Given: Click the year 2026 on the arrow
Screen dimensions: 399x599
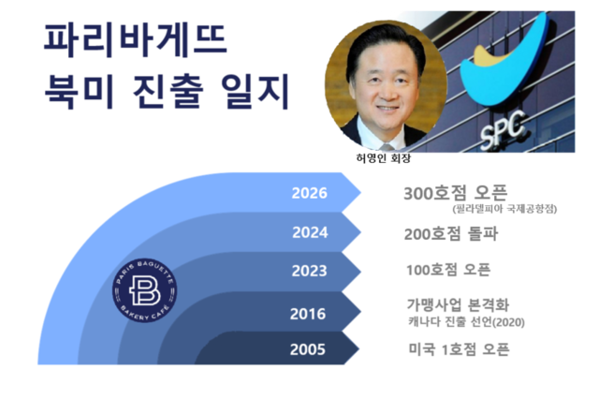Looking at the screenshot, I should tap(310, 195).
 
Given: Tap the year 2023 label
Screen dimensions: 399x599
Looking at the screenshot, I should tap(310, 271).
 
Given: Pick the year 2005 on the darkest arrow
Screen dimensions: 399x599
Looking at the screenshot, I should tap(310, 350).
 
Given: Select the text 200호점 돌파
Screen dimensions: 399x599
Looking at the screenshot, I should tap(451, 234).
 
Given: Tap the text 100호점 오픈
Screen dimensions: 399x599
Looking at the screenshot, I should tap(448, 270).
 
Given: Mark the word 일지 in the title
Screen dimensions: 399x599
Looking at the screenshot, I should tap(256, 95).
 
